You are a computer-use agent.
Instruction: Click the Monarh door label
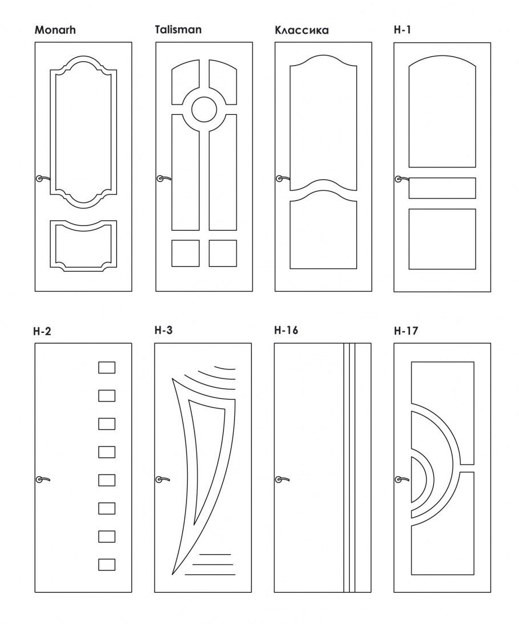coord(55,30)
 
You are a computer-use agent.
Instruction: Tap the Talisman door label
coord(178,30)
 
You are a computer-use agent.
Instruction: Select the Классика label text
coord(302,30)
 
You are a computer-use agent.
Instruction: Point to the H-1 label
coord(402,30)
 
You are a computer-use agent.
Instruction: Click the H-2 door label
coord(43,331)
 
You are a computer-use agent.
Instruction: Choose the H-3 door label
coord(164,331)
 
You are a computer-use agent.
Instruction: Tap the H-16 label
coord(286,331)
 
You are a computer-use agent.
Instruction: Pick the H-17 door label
coord(406,331)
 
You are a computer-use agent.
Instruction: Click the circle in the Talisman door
coord(204,108)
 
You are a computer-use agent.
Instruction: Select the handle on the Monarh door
coord(43,179)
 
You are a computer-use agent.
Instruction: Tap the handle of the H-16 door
coord(282,479)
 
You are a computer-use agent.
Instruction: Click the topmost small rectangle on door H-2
coord(107,367)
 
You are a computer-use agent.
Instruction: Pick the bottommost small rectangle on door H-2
coord(107,565)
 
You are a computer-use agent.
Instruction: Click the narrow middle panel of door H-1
coord(442,188)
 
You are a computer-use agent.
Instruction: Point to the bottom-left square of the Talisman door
coord(185,253)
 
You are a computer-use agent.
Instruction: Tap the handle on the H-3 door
coord(163,479)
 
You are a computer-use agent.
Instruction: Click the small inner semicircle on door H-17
coord(419,479)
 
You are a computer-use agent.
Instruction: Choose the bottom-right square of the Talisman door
coord(222,253)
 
